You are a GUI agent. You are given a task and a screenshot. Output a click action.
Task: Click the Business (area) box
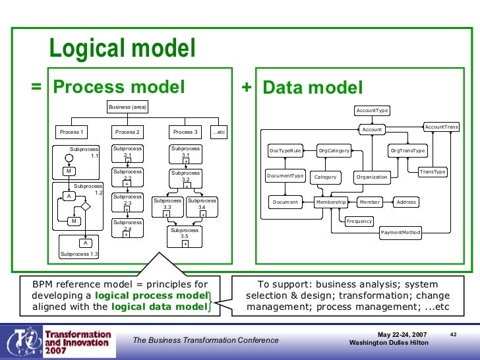(127, 107)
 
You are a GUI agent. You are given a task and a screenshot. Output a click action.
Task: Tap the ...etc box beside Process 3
(219, 132)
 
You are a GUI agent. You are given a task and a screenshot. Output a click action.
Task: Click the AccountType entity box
(372, 110)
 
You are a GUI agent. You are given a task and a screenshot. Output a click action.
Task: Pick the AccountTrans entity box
(441, 127)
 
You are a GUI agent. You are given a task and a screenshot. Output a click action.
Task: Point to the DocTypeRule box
(285, 151)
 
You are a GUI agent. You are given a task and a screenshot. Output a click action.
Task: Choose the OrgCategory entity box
(334, 151)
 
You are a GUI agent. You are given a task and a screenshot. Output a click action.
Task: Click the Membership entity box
(331, 202)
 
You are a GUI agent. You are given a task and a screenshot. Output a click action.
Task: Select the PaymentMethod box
(400, 232)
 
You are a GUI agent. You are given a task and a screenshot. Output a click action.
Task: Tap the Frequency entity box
(359, 221)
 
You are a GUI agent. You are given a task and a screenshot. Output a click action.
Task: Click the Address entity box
(406, 202)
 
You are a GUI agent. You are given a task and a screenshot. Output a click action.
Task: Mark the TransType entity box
(433, 172)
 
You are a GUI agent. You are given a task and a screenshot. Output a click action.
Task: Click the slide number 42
(453, 334)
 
